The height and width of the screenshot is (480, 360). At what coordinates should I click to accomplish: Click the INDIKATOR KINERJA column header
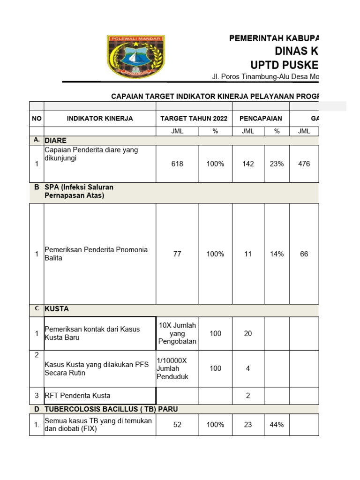click(100, 119)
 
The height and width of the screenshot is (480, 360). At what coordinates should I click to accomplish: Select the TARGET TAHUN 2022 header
click(194, 119)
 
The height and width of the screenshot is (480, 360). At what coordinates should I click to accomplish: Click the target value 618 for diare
click(177, 164)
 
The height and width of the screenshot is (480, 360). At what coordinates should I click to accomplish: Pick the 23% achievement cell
click(277, 164)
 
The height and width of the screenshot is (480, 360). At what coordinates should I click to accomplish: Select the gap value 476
click(304, 164)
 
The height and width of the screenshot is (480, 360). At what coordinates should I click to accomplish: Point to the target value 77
click(177, 254)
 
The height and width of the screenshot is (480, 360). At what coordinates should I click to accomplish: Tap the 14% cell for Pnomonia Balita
click(277, 254)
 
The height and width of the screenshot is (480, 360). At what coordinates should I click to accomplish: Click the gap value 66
click(304, 254)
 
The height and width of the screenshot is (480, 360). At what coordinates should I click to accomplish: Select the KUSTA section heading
click(57, 309)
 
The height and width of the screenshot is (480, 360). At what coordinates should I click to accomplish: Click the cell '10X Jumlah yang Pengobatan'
click(177, 333)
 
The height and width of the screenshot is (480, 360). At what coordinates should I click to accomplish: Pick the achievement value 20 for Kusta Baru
click(248, 333)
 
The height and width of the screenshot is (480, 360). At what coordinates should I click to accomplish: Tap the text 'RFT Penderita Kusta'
click(77, 396)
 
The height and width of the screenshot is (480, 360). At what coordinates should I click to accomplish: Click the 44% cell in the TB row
click(277, 425)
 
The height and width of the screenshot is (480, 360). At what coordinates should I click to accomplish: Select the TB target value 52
click(177, 425)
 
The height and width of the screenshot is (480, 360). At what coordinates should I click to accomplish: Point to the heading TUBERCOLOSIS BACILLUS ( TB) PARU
click(111, 409)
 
